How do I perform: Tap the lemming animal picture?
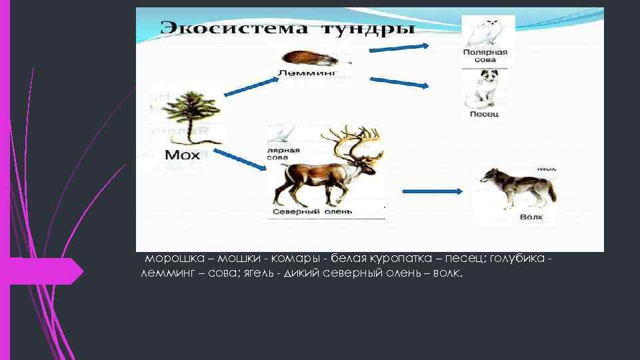point(307,57)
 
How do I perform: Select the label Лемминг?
point(307,72)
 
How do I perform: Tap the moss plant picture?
point(189,116)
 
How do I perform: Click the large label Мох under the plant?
point(182,155)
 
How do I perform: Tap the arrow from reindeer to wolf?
point(433,191)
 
